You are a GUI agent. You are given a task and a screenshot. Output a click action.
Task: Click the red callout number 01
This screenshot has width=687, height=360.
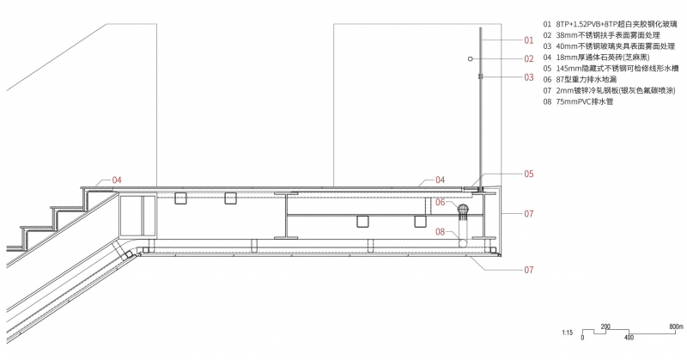tap(529, 40)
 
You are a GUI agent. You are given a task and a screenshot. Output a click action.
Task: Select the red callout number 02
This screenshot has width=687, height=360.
tap(529, 58)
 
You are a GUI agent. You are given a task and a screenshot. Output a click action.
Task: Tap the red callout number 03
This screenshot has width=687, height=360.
tap(529, 77)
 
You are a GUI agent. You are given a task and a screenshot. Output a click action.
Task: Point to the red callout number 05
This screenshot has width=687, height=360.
tap(529, 174)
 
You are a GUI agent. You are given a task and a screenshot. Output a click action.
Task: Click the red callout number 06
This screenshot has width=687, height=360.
tap(441, 202)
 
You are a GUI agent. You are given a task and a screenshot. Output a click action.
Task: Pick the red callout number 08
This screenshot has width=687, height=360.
tap(441, 231)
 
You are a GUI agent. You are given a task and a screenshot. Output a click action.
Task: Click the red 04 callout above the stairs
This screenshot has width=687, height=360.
tap(117, 180)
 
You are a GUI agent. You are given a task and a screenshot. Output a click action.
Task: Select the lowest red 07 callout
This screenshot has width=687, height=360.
tap(529, 270)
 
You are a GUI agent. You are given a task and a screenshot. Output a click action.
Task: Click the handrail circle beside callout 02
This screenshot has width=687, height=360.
tap(470, 58)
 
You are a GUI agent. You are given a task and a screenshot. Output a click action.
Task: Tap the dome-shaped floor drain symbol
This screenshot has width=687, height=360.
tap(463, 210)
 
